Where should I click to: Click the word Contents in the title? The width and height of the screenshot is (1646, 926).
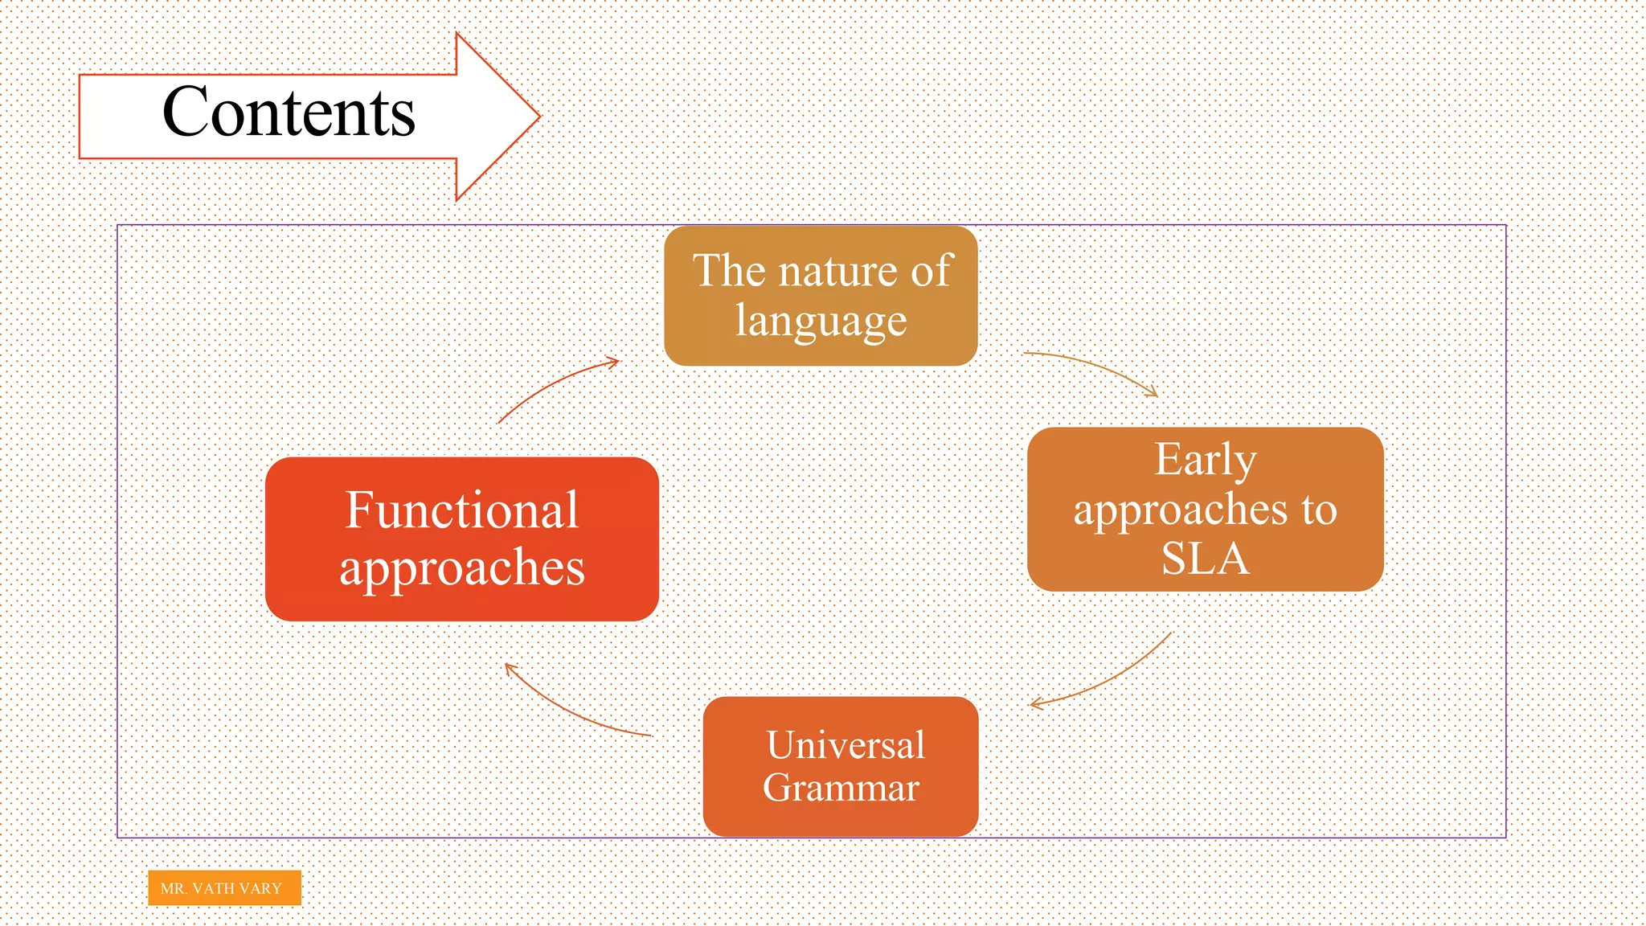(289, 113)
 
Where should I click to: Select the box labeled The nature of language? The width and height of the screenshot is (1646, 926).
(821, 296)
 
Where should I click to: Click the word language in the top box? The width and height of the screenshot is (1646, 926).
(821, 321)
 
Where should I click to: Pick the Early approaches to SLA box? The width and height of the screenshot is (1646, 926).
(1205, 510)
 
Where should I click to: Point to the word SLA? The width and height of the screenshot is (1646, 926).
(1205, 559)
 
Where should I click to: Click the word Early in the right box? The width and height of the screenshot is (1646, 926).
(1205, 460)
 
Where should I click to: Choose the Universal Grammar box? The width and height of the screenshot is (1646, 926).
(841, 766)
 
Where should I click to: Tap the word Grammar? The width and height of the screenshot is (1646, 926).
(841, 788)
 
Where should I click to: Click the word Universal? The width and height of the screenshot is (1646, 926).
(846, 744)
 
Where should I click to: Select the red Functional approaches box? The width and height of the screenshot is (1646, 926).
(461, 539)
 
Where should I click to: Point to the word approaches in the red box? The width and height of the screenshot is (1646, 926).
(461, 567)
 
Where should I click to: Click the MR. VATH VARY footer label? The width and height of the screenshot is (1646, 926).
(224, 888)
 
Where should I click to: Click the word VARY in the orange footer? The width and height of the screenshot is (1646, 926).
(260, 888)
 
